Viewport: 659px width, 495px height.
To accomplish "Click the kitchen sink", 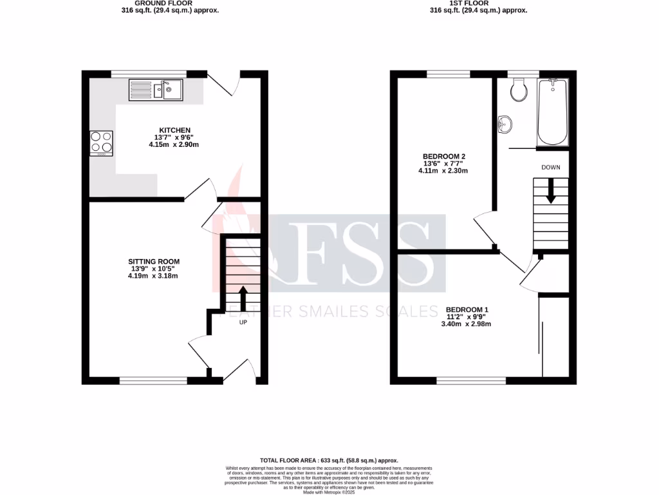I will pos(156,90).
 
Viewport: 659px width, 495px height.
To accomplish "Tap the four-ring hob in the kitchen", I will pos(101,143).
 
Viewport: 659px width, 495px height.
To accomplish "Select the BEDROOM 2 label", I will pos(443,157).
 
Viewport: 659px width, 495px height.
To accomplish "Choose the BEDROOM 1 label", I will pos(467,310).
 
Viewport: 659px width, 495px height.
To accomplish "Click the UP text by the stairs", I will pos(243,322).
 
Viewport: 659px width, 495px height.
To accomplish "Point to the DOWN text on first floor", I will pos(550,167).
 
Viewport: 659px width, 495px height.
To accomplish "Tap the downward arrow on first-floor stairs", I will pos(550,191).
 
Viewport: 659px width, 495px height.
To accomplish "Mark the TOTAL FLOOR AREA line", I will pos(329,460).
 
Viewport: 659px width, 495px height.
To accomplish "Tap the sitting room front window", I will pos(153,381).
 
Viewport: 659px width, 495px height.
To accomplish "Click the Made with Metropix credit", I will pos(329,492).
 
